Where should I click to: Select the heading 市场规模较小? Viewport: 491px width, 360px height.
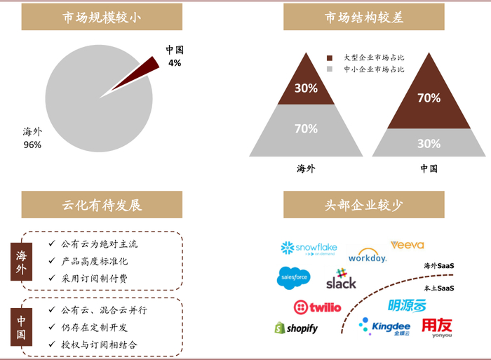(x=102, y=17)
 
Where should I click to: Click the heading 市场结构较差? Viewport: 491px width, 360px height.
(x=364, y=17)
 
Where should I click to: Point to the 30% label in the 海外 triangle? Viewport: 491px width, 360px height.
(x=306, y=88)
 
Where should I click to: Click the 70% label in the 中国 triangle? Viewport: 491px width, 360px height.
(x=429, y=98)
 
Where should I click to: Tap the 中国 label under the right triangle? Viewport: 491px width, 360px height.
(x=429, y=168)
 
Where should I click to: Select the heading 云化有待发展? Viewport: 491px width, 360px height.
(x=102, y=205)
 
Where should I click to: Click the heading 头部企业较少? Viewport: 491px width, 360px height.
(x=364, y=205)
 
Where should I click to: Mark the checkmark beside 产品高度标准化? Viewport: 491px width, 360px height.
(x=52, y=261)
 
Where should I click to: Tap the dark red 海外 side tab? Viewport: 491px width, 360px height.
(x=22, y=261)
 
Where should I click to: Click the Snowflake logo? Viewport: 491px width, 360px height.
(x=309, y=248)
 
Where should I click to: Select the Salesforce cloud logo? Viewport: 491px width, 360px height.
(x=293, y=278)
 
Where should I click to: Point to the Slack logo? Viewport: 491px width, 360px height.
(x=341, y=279)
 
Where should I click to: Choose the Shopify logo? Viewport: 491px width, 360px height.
(x=296, y=328)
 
